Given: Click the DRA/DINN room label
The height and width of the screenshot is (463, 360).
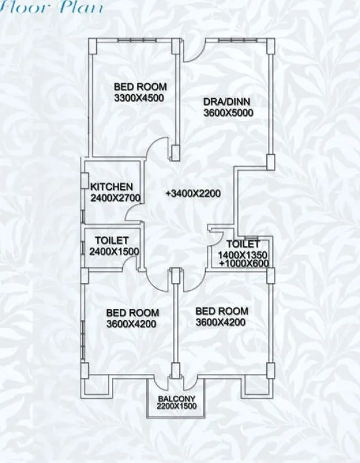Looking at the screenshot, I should point(226,102).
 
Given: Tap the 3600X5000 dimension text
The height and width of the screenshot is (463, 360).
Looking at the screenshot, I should point(228,112).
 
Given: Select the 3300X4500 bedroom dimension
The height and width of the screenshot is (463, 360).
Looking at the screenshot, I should point(138,98).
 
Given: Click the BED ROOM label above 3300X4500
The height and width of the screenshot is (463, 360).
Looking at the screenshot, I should point(140,87).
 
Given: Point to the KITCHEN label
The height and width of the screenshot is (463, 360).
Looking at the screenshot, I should point(112,187).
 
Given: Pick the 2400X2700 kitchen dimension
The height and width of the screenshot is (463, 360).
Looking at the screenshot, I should point(115,198).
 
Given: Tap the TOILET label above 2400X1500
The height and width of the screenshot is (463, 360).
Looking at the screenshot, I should point(112,241).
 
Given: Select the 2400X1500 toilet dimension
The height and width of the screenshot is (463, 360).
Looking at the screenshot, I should point(115,251).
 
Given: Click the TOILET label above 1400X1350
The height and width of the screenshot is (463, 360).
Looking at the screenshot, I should point(243,244).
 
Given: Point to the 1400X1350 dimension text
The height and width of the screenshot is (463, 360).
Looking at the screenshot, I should point(242,255).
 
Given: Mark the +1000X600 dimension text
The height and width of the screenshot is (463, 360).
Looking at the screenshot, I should point(244,263).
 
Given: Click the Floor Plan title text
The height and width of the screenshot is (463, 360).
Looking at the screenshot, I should point(51,7).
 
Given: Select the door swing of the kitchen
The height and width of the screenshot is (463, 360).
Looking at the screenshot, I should point(134,210).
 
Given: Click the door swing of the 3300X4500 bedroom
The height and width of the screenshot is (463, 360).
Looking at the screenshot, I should point(158,148).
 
